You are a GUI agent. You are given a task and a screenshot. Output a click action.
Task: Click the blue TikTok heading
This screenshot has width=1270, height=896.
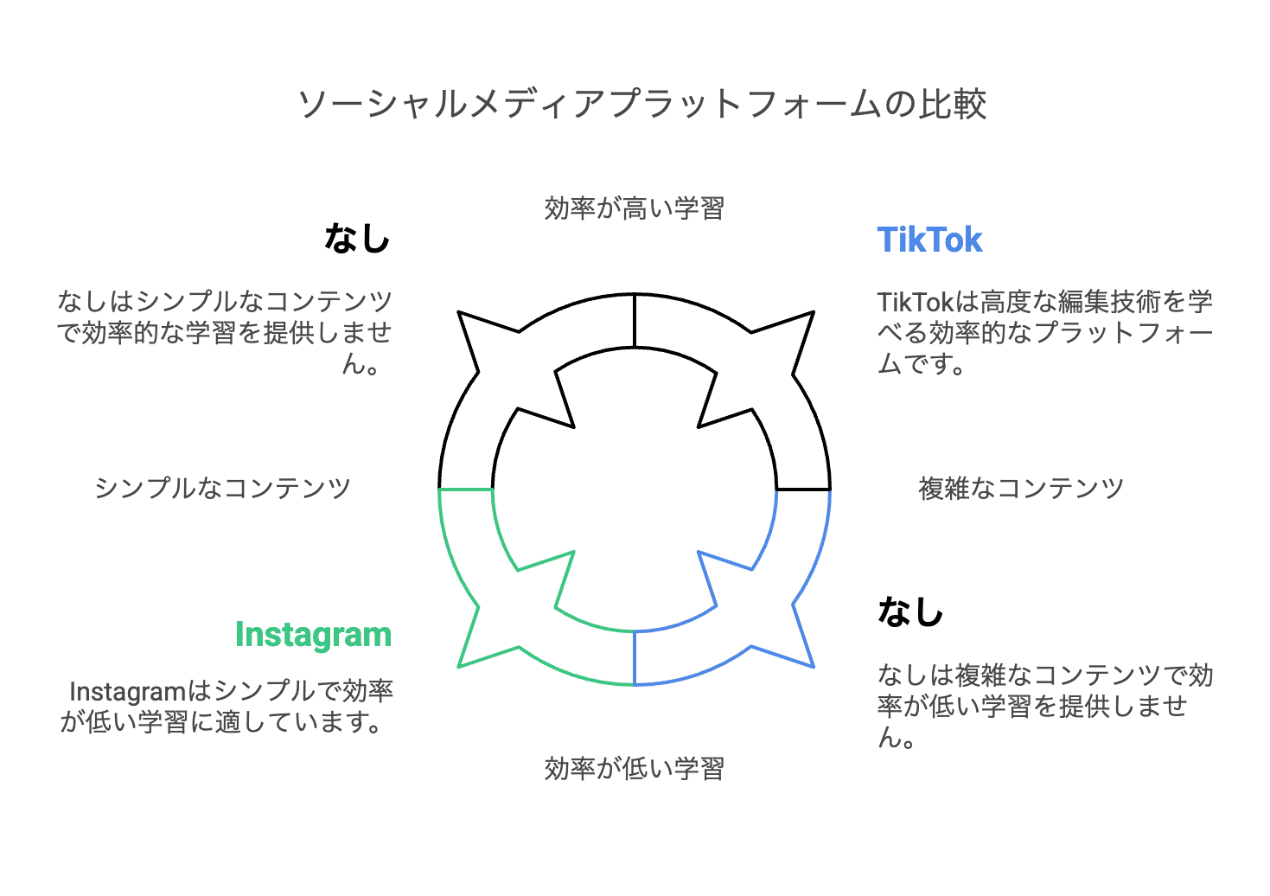929,240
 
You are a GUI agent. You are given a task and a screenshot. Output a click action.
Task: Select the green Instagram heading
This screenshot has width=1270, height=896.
313,634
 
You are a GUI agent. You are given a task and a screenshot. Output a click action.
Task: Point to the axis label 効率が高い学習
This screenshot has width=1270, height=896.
634,208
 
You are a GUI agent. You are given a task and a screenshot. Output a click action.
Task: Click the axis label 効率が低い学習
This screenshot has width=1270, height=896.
634,768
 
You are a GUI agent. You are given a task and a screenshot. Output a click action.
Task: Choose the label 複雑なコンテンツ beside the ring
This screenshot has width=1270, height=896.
1020,489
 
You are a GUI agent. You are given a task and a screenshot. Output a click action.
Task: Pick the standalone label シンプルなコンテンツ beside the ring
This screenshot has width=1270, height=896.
222,489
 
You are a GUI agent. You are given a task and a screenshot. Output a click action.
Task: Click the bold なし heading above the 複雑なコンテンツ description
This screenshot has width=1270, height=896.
910,611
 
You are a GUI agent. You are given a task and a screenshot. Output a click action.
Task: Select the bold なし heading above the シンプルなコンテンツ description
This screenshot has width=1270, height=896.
357,238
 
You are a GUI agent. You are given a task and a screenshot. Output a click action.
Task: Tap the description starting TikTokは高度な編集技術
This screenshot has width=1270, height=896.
1044,333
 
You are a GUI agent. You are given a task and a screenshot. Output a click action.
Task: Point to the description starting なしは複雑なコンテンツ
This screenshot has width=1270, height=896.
1044,706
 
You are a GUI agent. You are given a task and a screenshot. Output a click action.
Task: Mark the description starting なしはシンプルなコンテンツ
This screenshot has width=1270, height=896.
225,333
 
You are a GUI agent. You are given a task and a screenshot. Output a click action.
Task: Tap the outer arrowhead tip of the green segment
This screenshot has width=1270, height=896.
459,666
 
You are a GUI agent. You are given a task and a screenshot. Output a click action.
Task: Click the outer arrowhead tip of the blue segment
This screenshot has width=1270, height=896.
813,666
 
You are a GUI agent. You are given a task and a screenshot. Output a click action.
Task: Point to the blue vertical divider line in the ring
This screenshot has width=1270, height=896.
635,657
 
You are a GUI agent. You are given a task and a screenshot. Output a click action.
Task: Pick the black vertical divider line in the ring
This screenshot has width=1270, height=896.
635,320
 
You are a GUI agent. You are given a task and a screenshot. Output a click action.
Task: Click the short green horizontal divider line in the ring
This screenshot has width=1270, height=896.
466,490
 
